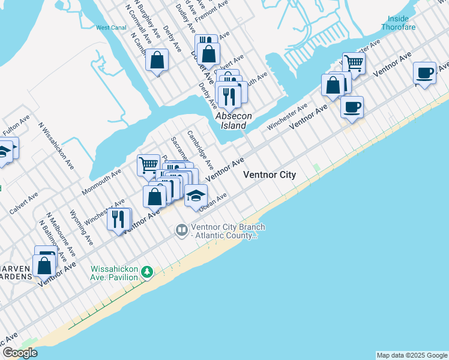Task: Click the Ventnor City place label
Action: [x=270, y=175]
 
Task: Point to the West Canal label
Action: [x=110, y=28]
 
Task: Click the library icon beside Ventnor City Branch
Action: [x=181, y=230]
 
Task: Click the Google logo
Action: [x=20, y=353]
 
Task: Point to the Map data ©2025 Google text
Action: [x=412, y=355]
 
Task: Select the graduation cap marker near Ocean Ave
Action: [x=196, y=196]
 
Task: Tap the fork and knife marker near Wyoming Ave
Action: [x=119, y=219]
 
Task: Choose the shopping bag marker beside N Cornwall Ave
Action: [x=157, y=60]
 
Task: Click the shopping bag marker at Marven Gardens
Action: [x=44, y=265]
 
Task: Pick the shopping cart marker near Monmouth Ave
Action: [x=148, y=164]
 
